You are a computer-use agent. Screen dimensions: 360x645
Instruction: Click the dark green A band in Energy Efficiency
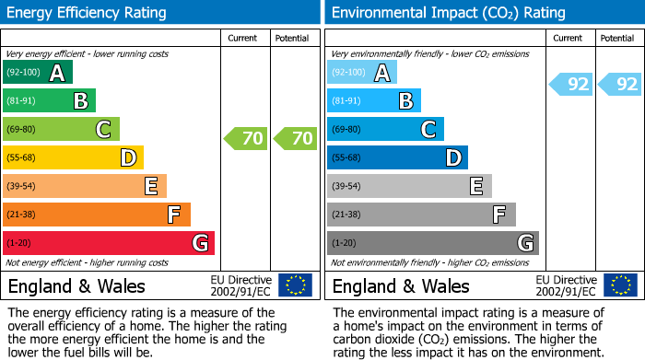(x=37, y=73)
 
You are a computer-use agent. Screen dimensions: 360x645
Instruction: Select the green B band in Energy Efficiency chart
(x=49, y=101)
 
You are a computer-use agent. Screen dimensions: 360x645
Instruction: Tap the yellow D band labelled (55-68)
(x=73, y=157)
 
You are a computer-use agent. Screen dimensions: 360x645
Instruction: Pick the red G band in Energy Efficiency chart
(x=108, y=243)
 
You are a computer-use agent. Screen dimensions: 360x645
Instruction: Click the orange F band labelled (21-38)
(x=96, y=215)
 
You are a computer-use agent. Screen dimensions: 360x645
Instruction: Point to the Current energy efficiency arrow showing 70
(x=245, y=139)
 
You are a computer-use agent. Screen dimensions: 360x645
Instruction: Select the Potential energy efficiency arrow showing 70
(x=295, y=139)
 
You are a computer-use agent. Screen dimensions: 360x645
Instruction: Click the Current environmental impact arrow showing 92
(x=570, y=85)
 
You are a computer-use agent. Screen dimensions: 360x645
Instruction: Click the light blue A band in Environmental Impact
(x=361, y=73)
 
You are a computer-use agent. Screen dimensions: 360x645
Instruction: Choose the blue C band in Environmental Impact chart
(x=385, y=129)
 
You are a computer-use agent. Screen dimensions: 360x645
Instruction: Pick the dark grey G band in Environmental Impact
(x=432, y=243)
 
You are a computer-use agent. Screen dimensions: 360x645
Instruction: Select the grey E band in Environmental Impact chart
(x=409, y=186)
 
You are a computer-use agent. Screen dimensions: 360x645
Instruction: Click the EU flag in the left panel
(x=296, y=285)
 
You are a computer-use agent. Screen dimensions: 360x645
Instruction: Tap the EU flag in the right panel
(x=620, y=285)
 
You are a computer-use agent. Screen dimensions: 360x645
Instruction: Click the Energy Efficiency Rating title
(x=88, y=13)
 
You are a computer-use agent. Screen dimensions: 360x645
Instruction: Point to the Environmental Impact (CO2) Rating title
(x=448, y=13)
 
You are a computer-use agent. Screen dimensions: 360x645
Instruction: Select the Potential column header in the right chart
(x=617, y=38)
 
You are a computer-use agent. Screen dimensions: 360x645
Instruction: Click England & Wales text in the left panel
(x=73, y=285)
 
